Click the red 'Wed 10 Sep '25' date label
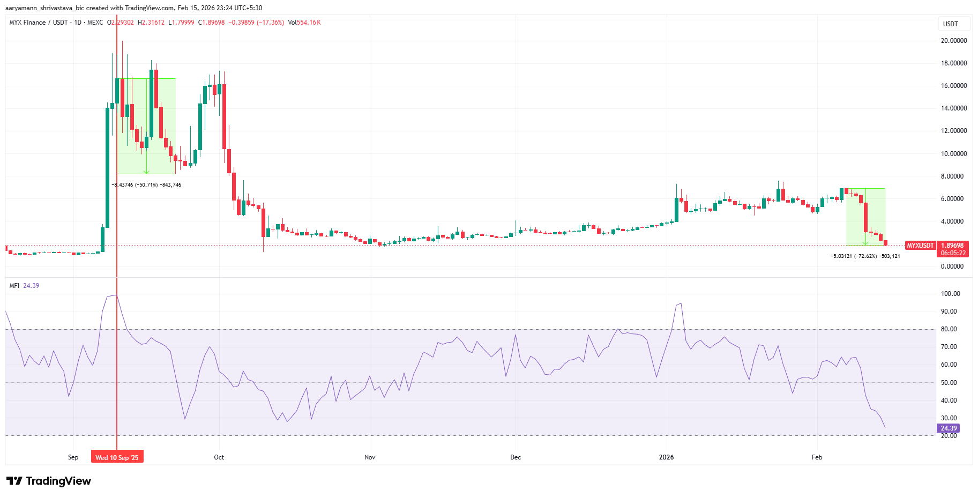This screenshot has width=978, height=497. point(117,457)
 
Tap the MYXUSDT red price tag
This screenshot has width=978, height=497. point(920,246)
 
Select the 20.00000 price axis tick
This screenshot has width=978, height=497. point(954,41)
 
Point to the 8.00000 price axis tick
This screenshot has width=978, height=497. point(954,176)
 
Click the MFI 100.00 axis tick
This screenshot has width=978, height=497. point(951,294)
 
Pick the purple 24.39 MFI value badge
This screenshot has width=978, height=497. point(948,428)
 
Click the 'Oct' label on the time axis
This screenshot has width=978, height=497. point(219,457)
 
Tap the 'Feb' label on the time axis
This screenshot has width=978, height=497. point(817,457)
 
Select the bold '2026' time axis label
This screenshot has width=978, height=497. point(666,457)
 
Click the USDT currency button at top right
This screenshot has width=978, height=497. point(951,24)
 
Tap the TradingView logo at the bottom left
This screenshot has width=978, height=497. point(49,481)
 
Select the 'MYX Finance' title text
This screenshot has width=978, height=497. point(27,23)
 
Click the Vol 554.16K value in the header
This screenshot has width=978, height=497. point(304,23)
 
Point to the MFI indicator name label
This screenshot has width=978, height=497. point(14,286)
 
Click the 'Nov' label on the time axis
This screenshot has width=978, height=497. point(370,457)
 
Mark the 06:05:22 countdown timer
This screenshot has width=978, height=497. point(953,253)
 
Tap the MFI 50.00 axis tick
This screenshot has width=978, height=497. point(949,383)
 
